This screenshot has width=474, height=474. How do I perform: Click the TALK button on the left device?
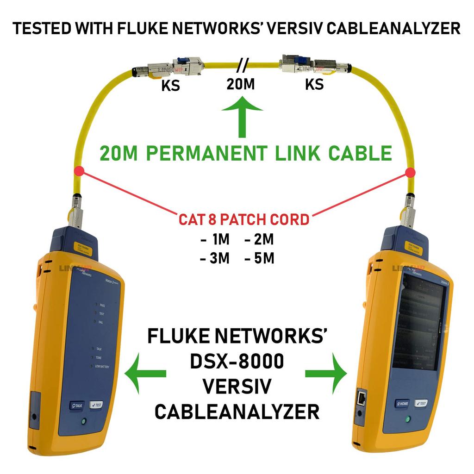tap(75, 405)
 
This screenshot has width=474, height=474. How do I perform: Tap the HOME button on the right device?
tap(402, 403)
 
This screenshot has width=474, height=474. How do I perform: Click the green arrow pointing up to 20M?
tap(242, 115)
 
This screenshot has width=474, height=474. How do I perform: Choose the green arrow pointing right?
tap(326, 373)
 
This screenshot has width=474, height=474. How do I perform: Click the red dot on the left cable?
tap(81, 170)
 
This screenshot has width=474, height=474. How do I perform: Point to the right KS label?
tap(314, 85)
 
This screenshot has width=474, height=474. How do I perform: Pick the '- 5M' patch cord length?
tap(259, 258)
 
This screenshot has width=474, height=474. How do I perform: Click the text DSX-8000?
tap(237, 362)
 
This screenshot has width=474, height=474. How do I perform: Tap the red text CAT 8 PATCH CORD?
tap(243, 219)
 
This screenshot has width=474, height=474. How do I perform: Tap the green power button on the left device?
tap(83, 422)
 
